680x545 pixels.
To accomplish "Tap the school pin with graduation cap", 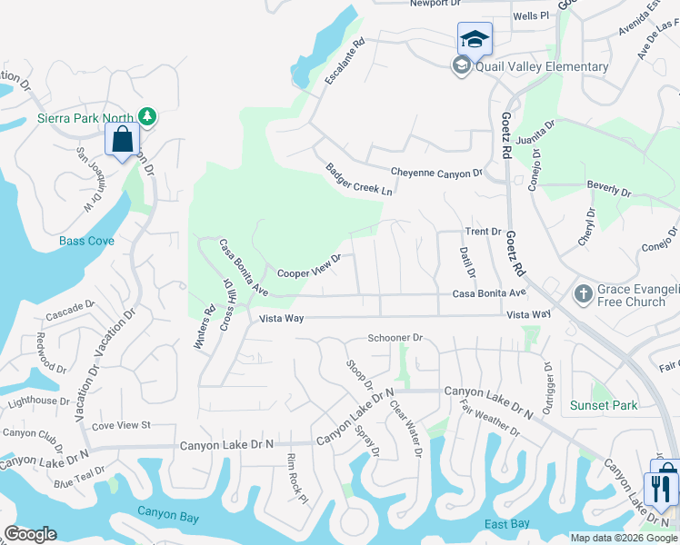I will (475, 40).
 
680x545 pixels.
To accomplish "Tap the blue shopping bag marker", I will (122, 141).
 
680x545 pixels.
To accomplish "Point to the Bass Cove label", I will (86, 241).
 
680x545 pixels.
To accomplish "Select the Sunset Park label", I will (603, 405).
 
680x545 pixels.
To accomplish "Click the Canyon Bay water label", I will (168, 511).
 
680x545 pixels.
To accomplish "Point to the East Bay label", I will (507, 524).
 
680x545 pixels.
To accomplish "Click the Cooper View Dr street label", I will (309, 265).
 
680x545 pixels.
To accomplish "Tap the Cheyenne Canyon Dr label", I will (436, 173).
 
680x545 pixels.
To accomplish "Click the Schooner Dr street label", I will (395, 338).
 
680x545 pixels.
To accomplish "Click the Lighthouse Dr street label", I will (38, 401).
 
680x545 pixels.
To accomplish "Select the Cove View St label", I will (120, 424).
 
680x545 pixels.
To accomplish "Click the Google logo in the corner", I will (30, 534).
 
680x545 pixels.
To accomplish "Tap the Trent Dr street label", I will (484, 232).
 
